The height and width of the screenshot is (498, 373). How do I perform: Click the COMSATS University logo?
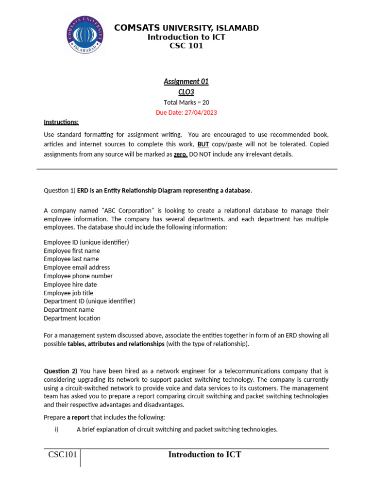(x=85, y=35)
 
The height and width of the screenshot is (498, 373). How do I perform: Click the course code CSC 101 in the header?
(x=186, y=46)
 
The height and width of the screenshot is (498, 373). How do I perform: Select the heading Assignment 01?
(x=186, y=81)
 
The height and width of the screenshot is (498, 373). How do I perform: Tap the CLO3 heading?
(x=186, y=91)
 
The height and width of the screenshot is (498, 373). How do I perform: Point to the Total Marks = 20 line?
(x=186, y=102)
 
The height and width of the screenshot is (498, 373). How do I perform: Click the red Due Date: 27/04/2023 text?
(x=186, y=112)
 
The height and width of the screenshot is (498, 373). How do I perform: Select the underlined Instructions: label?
(x=61, y=122)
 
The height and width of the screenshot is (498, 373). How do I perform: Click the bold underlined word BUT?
(x=203, y=144)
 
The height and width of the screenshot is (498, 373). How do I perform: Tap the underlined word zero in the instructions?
(x=180, y=155)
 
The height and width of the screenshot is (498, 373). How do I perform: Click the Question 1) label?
(x=60, y=191)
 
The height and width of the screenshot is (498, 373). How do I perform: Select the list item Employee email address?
(x=77, y=267)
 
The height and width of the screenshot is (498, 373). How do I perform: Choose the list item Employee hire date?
(x=70, y=285)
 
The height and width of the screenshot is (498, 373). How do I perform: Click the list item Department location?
(x=72, y=319)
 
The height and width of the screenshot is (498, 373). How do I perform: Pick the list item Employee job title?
(x=68, y=293)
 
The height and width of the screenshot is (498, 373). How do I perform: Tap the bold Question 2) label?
(x=60, y=371)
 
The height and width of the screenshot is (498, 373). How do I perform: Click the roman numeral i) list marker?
(x=56, y=429)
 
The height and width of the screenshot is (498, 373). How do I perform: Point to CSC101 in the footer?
(x=62, y=455)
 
